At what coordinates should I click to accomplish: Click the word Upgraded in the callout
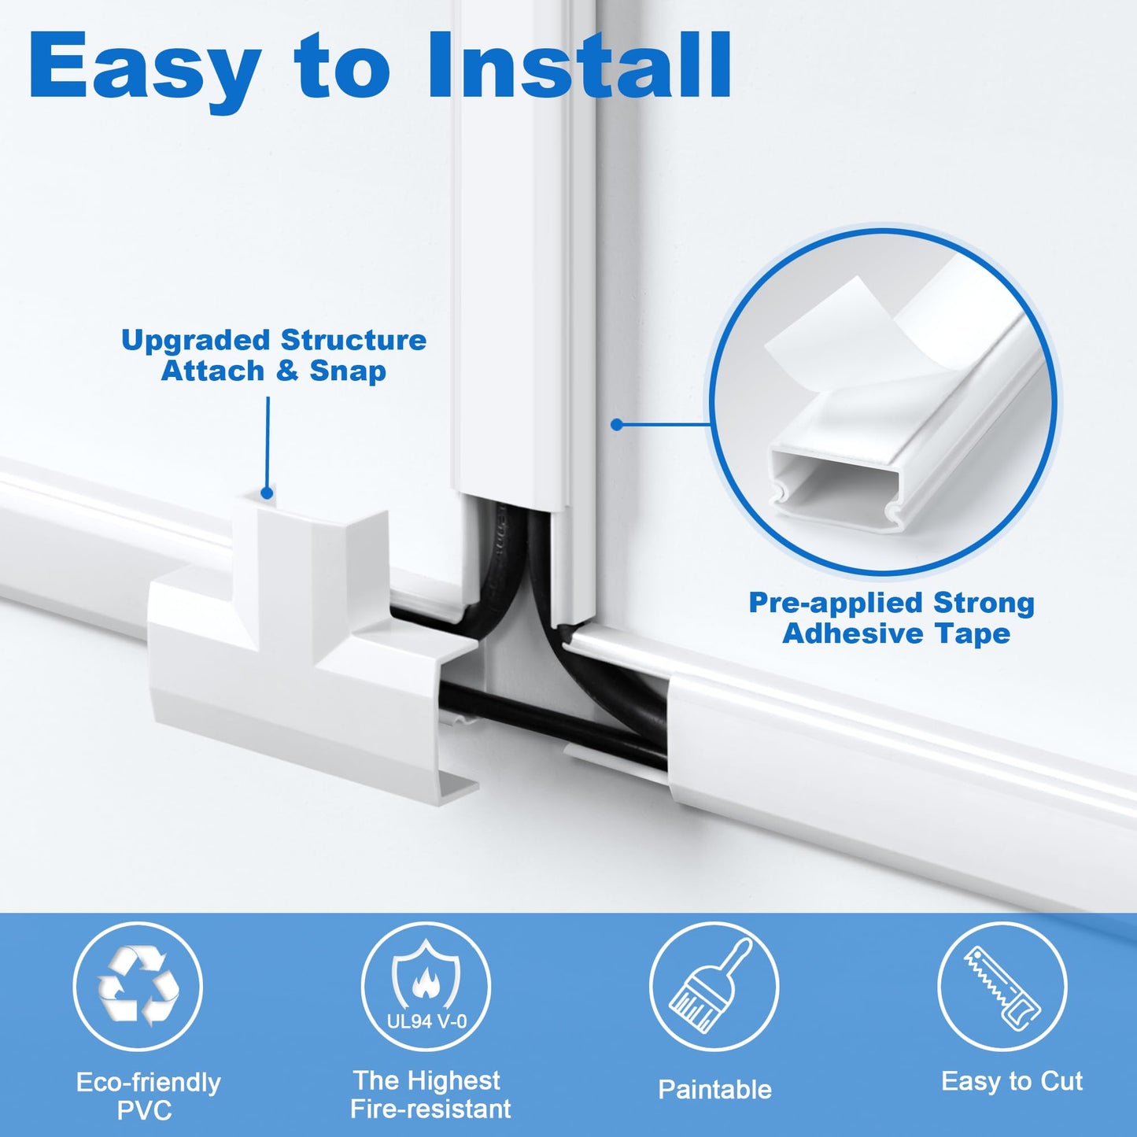tap(197, 340)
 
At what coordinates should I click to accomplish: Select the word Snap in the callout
tap(348, 371)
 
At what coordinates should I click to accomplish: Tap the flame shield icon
tap(426, 976)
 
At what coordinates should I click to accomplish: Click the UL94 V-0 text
tap(426, 1021)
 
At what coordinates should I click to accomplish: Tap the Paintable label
tap(714, 1090)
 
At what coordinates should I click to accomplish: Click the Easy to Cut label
tap(1012, 1081)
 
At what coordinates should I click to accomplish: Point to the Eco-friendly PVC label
tap(148, 1096)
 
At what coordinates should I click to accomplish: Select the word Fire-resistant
tap(430, 1109)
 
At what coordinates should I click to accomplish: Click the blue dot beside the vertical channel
tap(617, 425)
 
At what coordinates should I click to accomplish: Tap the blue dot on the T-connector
tap(267, 493)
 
